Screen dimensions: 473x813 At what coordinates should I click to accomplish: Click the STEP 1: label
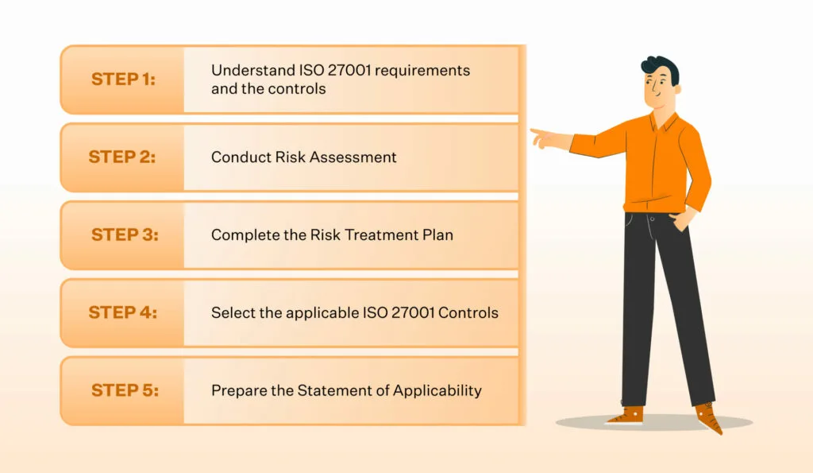tap(123, 79)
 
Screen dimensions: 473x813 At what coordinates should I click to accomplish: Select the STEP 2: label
tap(122, 157)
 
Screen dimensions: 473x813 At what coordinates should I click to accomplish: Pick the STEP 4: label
tap(123, 312)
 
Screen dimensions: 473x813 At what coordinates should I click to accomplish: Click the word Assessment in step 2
tap(353, 157)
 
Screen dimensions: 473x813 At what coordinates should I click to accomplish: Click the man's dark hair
tap(661, 68)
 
